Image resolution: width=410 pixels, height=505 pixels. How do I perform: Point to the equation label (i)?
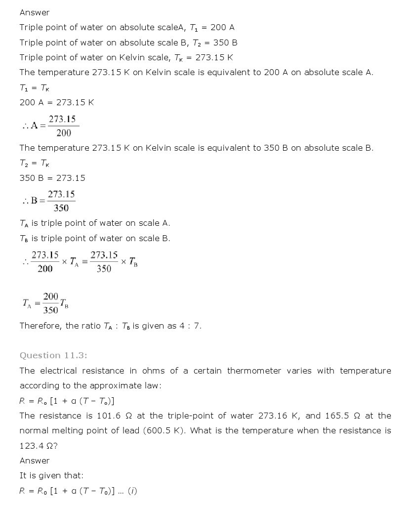click(x=132, y=491)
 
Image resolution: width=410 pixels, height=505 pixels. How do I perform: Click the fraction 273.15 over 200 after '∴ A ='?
click(x=63, y=126)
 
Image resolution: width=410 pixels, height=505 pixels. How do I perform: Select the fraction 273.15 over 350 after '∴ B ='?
click(x=61, y=201)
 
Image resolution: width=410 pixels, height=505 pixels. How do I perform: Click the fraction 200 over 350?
click(x=50, y=303)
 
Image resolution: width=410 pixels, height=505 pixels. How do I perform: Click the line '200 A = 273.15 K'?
click(x=57, y=102)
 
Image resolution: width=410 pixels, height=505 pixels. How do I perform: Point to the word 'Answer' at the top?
click(x=35, y=12)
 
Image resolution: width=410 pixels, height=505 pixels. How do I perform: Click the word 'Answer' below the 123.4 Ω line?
click(x=35, y=461)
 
